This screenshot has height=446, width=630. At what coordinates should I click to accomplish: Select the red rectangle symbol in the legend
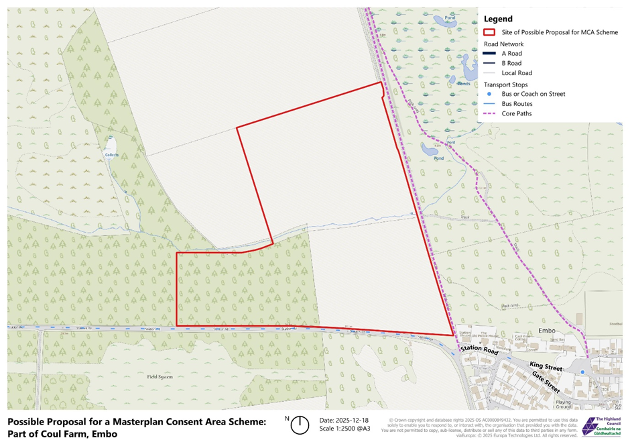point(489,32)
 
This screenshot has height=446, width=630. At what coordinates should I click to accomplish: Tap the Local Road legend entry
point(517,73)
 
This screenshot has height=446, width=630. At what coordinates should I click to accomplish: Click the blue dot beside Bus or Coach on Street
point(489,94)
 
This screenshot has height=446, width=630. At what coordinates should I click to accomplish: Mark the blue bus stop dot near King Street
point(582,372)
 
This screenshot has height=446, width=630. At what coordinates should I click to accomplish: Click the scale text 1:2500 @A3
point(344,429)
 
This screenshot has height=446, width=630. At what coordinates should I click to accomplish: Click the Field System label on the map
point(160,377)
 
